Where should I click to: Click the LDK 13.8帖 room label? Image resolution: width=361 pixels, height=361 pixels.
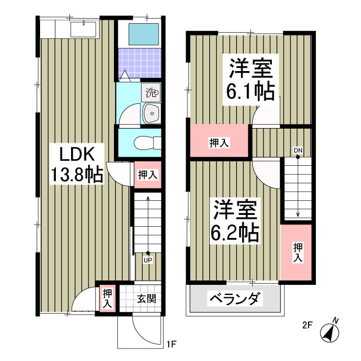click(77, 164)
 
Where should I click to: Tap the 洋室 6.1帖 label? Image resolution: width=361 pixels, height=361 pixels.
click(250, 78)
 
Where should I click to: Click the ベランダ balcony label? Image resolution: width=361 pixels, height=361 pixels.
click(235, 298)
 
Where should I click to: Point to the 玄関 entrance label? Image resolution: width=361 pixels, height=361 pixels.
click(146, 300)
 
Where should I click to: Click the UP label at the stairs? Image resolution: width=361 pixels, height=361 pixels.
click(148, 260)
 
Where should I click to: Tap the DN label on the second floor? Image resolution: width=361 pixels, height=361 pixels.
click(297, 150)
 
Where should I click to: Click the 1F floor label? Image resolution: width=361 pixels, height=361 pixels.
click(172, 342)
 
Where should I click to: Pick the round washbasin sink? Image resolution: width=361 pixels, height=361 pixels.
click(151, 113)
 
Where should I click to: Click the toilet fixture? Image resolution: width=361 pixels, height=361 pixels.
click(141, 143)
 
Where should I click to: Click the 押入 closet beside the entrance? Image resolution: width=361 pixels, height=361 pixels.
click(107, 297)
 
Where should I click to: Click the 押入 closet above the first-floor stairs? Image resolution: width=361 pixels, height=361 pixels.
click(147, 175)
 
